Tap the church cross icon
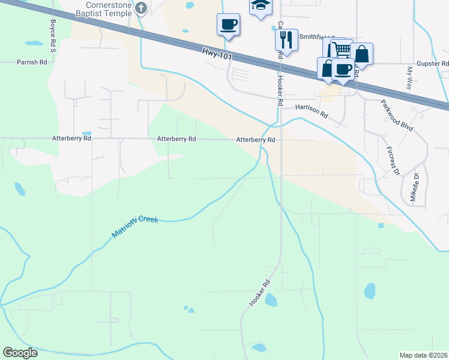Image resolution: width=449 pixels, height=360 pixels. point(141,8)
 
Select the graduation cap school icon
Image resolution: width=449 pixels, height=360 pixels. point(261,5)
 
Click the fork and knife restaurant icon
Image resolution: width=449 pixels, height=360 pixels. point(286,40)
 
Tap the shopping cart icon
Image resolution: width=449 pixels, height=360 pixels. point(340,49)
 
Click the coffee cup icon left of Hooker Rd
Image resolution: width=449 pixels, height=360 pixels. point(228,25)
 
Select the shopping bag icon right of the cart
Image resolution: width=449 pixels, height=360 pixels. point(361,53)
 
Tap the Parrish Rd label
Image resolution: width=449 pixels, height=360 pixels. point(32,62)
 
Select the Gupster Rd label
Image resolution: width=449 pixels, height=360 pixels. point(432,63)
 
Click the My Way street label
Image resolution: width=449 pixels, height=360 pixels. point(410,79)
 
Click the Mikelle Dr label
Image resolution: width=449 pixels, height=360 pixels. point(414,187)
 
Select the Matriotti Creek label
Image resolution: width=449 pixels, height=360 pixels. point(135,227)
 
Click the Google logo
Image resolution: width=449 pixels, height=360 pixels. point(20,353)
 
